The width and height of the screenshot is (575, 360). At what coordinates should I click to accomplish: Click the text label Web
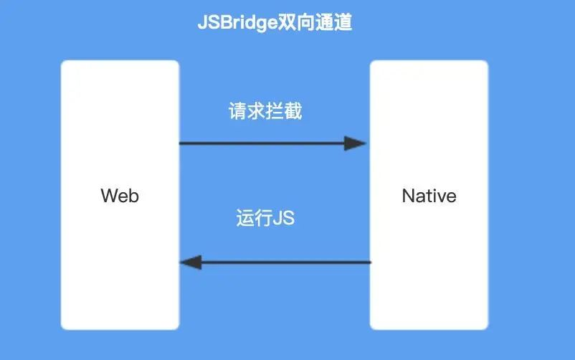(x=120, y=195)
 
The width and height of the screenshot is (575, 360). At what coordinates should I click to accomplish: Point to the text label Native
(x=429, y=195)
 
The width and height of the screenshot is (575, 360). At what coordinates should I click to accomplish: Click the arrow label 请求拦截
(x=265, y=112)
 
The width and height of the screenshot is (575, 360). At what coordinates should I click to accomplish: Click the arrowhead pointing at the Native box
(x=356, y=143)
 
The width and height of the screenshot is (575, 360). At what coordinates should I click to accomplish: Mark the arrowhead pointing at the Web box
(x=191, y=262)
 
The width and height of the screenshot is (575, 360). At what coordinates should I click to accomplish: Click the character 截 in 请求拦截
(x=293, y=112)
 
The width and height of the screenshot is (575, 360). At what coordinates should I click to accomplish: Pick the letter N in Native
(x=408, y=195)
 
